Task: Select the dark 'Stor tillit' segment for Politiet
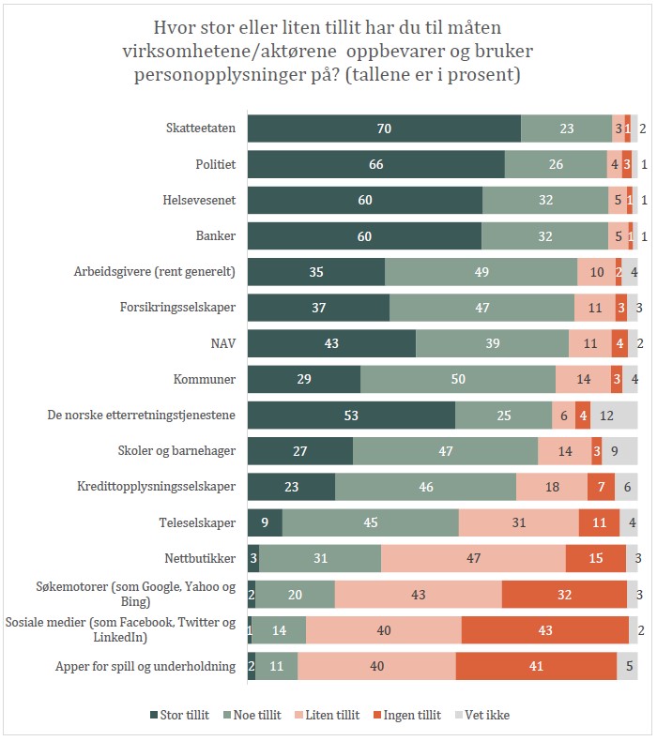coord(375,164)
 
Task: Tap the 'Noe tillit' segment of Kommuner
coord(458,379)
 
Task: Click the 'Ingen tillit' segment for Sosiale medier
coord(545,630)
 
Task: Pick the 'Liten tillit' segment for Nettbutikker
coord(473,558)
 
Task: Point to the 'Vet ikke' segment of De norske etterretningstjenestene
coord(614,416)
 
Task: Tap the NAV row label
coord(222,343)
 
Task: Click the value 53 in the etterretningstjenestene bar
coord(351,416)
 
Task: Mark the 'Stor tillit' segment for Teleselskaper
coord(265,522)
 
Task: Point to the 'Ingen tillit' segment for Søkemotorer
coord(564,595)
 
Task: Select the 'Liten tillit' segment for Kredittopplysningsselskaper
coord(551,487)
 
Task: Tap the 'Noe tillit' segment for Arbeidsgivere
coord(481,272)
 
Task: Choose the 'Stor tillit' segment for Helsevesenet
coord(364,200)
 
